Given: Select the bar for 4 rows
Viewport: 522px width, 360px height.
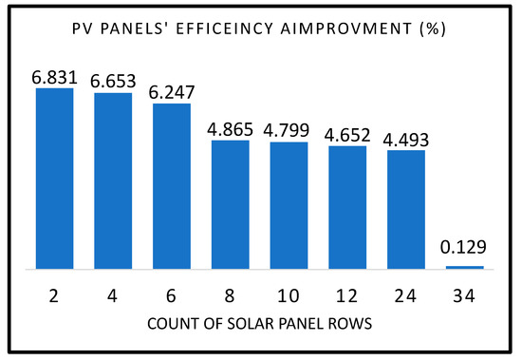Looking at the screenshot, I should click(113, 180).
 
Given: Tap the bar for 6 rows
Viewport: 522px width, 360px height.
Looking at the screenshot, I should click(172, 186).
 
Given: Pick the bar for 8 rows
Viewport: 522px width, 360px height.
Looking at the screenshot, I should click(231, 204).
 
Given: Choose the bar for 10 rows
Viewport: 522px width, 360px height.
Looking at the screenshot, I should click(289, 205).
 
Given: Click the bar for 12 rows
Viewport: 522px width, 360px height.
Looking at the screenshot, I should click(347, 207).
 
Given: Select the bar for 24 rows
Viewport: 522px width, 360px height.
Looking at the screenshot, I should click(406, 209).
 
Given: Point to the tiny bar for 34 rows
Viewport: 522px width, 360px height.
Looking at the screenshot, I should click(465, 267).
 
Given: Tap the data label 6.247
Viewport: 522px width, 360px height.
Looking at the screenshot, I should click(172, 92).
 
